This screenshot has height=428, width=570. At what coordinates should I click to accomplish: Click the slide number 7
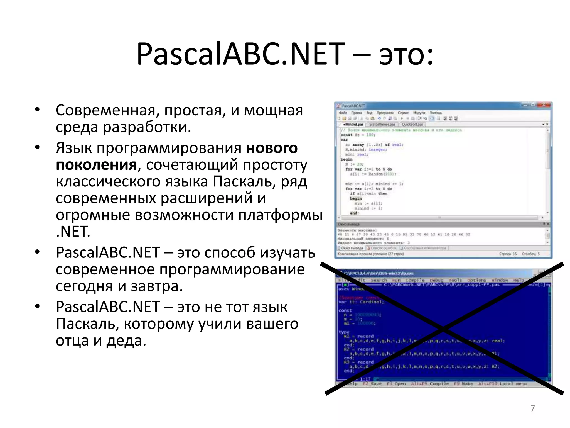click(x=532, y=408)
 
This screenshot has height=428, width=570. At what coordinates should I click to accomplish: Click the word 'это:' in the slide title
click(x=406, y=54)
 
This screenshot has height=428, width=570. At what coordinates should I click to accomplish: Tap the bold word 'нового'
click(x=272, y=148)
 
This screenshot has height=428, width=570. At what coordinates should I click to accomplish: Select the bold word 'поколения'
click(x=96, y=165)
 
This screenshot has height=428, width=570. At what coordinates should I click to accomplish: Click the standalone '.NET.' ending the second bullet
click(x=73, y=231)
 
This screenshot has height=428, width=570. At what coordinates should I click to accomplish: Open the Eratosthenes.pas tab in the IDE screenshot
click(x=382, y=124)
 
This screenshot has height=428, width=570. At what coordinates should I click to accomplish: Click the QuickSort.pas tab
click(x=412, y=124)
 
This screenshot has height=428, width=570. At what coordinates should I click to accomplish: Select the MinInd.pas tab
click(x=353, y=124)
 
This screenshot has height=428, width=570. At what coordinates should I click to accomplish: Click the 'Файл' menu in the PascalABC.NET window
click(x=343, y=113)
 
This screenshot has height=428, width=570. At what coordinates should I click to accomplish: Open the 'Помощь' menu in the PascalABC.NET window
click(x=436, y=113)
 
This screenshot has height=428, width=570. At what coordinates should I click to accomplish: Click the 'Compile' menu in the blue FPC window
click(x=415, y=280)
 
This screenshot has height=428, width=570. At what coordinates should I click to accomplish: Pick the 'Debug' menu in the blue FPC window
click(x=436, y=280)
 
